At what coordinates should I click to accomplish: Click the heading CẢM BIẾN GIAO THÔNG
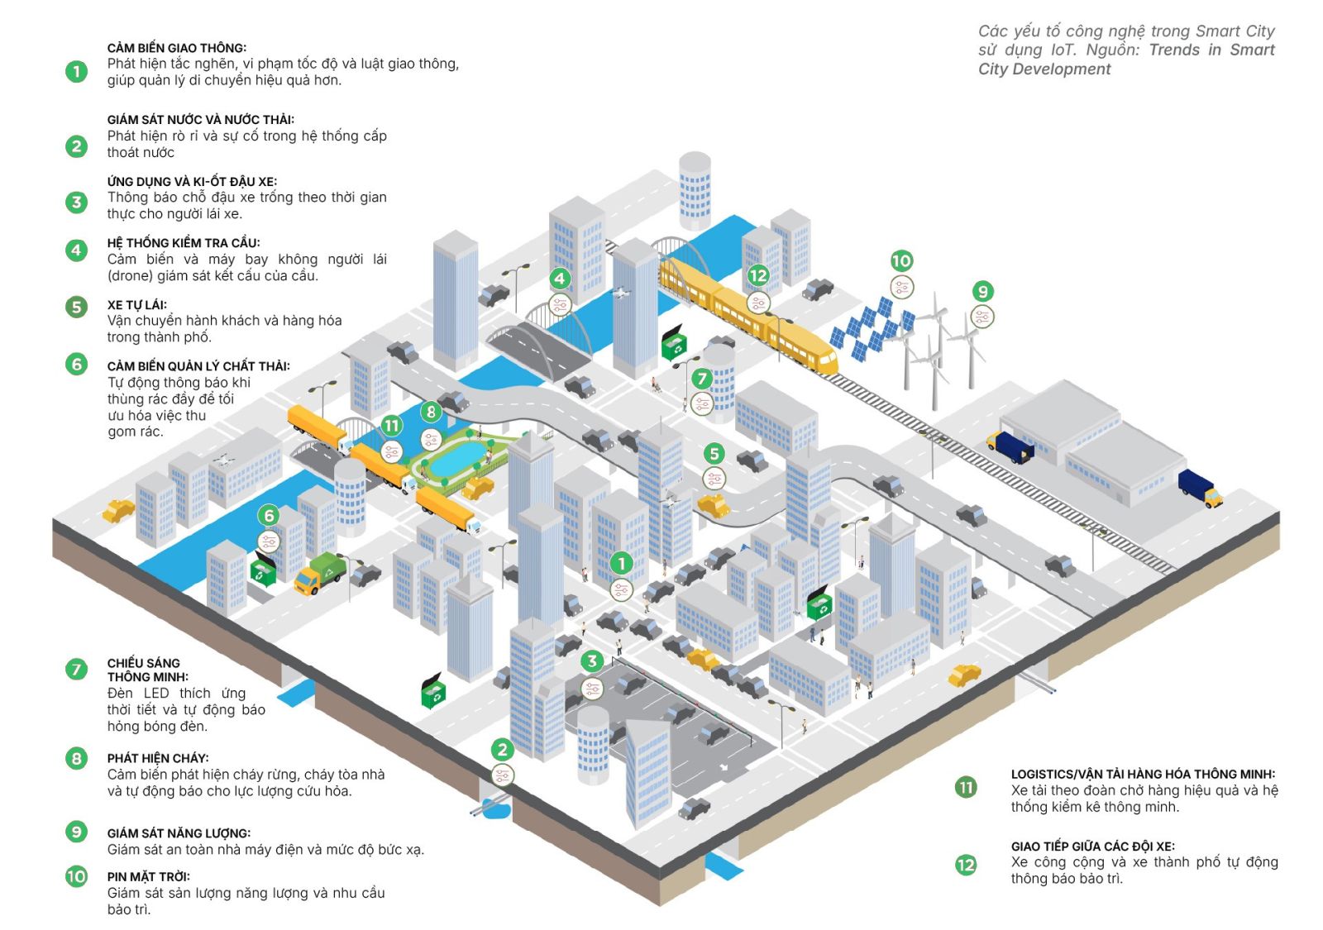pyautogui.click(x=176, y=48)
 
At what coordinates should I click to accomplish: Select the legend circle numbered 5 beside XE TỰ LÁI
pyautogui.click(x=76, y=308)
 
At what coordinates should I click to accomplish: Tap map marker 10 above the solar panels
pyautogui.click(x=901, y=261)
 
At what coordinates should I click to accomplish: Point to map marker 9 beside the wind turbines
pyautogui.click(x=982, y=291)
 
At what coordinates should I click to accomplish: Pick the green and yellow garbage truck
pyautogui.click(x=320, y=572)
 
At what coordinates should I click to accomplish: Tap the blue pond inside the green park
pyautogui.click(x=458, y=458)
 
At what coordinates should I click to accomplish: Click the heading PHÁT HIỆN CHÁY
pyautogui.click(x=157, y=758)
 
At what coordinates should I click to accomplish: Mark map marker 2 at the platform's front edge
pyautogui.click(x=503, y=750)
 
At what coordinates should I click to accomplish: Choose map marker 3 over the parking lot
pyautogui.click(x=592, y=661)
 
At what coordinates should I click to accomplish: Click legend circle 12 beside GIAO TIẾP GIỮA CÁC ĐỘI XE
pyautogui.click(x=966, y=865)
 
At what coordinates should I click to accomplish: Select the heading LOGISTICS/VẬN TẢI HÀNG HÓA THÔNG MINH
pyautogui.click(x=1143, y=775)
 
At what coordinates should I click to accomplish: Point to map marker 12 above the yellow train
pyautogui.click(x=758, y=276)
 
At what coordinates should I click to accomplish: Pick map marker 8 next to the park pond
pyautogui.click(x=431, y=411)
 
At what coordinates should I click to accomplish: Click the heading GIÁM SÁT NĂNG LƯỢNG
pyautogui.click(x=179, y=833)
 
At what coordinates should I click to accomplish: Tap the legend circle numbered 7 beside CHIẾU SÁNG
pyautogui.click(x=76, y=670)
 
